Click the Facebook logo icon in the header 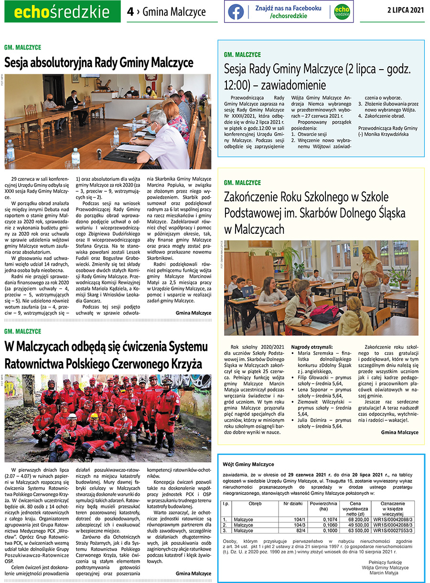[x=236, y=12]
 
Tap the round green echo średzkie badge [x=342, y=12]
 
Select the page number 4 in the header [x=130, y=12]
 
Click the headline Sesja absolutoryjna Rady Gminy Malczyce [x=99, y=62]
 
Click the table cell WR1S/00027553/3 [x=392, y=530]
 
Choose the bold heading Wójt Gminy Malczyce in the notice [x=248, y=464]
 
